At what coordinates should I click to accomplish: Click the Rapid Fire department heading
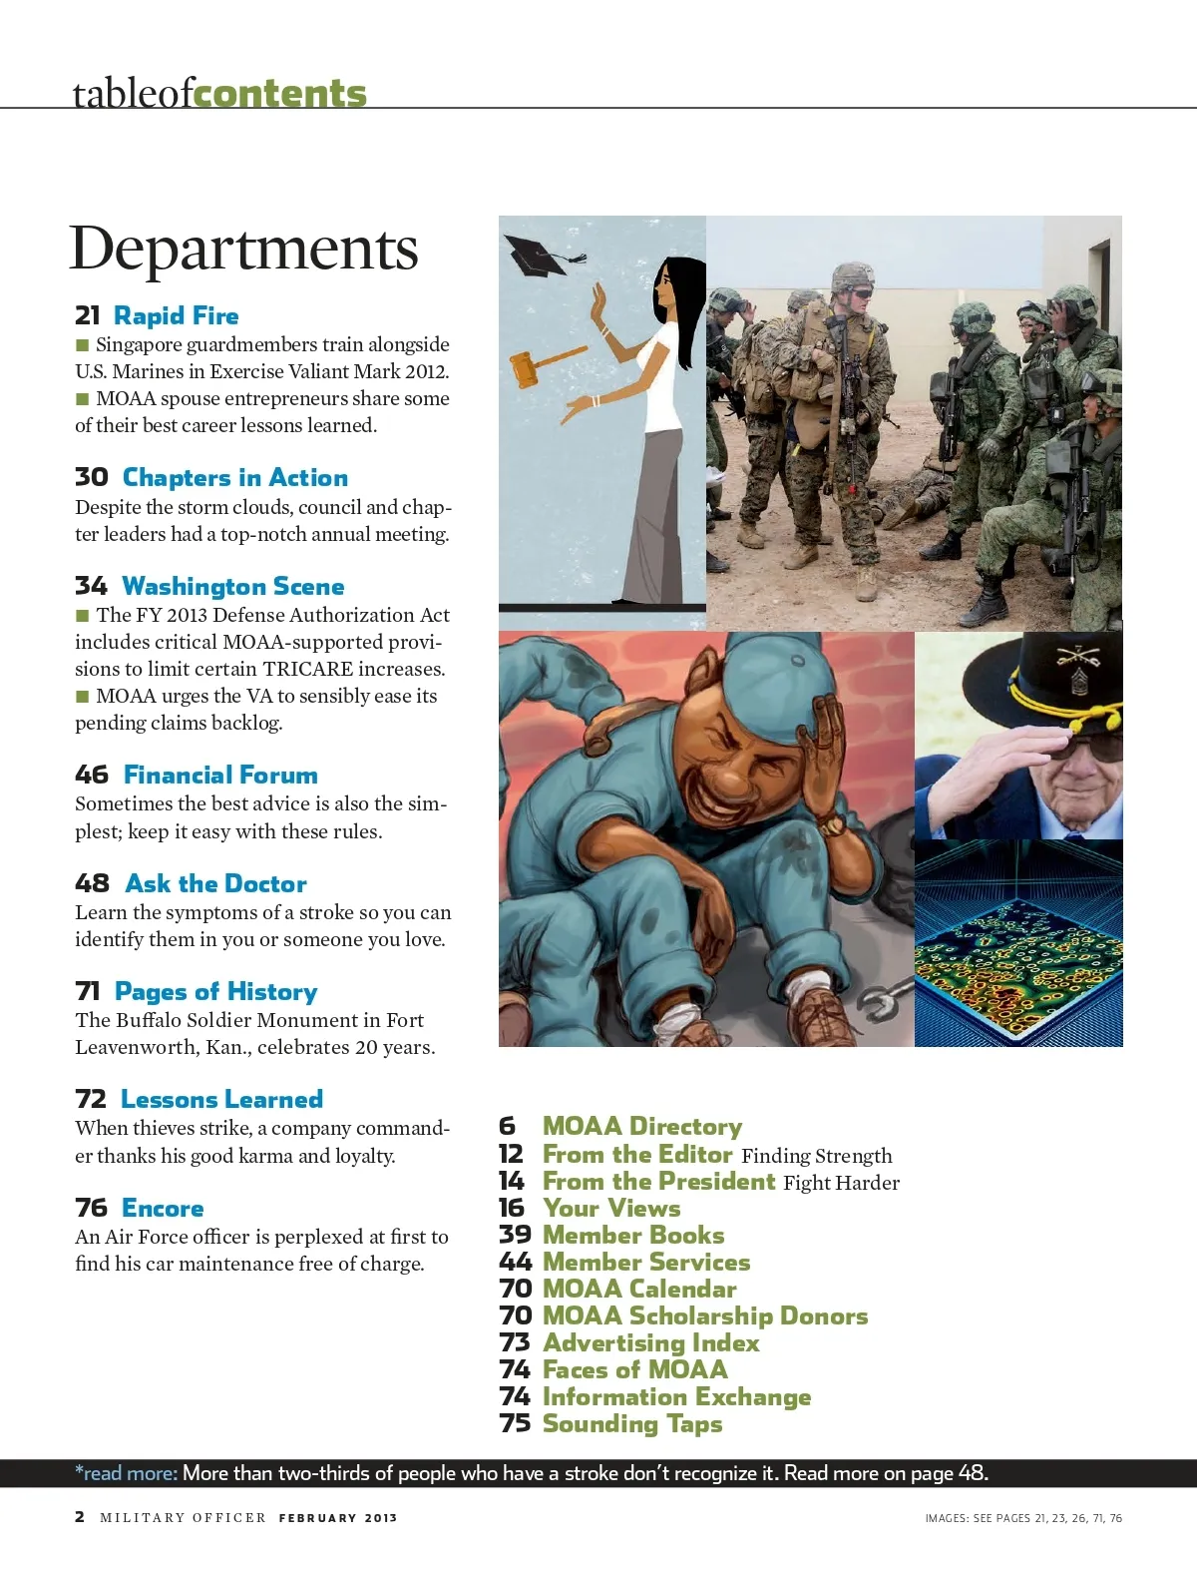176,316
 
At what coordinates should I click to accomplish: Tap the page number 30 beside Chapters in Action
91,477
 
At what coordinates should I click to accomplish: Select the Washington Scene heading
232,586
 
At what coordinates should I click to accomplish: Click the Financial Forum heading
220,775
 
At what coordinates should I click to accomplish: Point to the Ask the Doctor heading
215,883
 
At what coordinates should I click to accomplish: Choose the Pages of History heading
215,991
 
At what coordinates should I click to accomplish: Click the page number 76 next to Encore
91,1208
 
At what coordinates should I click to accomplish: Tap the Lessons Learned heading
221,1099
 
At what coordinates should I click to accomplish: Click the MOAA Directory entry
641,1127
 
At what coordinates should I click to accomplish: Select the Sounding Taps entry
631,1424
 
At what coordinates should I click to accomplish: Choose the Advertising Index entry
650,1343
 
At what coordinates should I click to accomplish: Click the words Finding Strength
817,1156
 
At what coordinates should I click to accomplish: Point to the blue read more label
127,1473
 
